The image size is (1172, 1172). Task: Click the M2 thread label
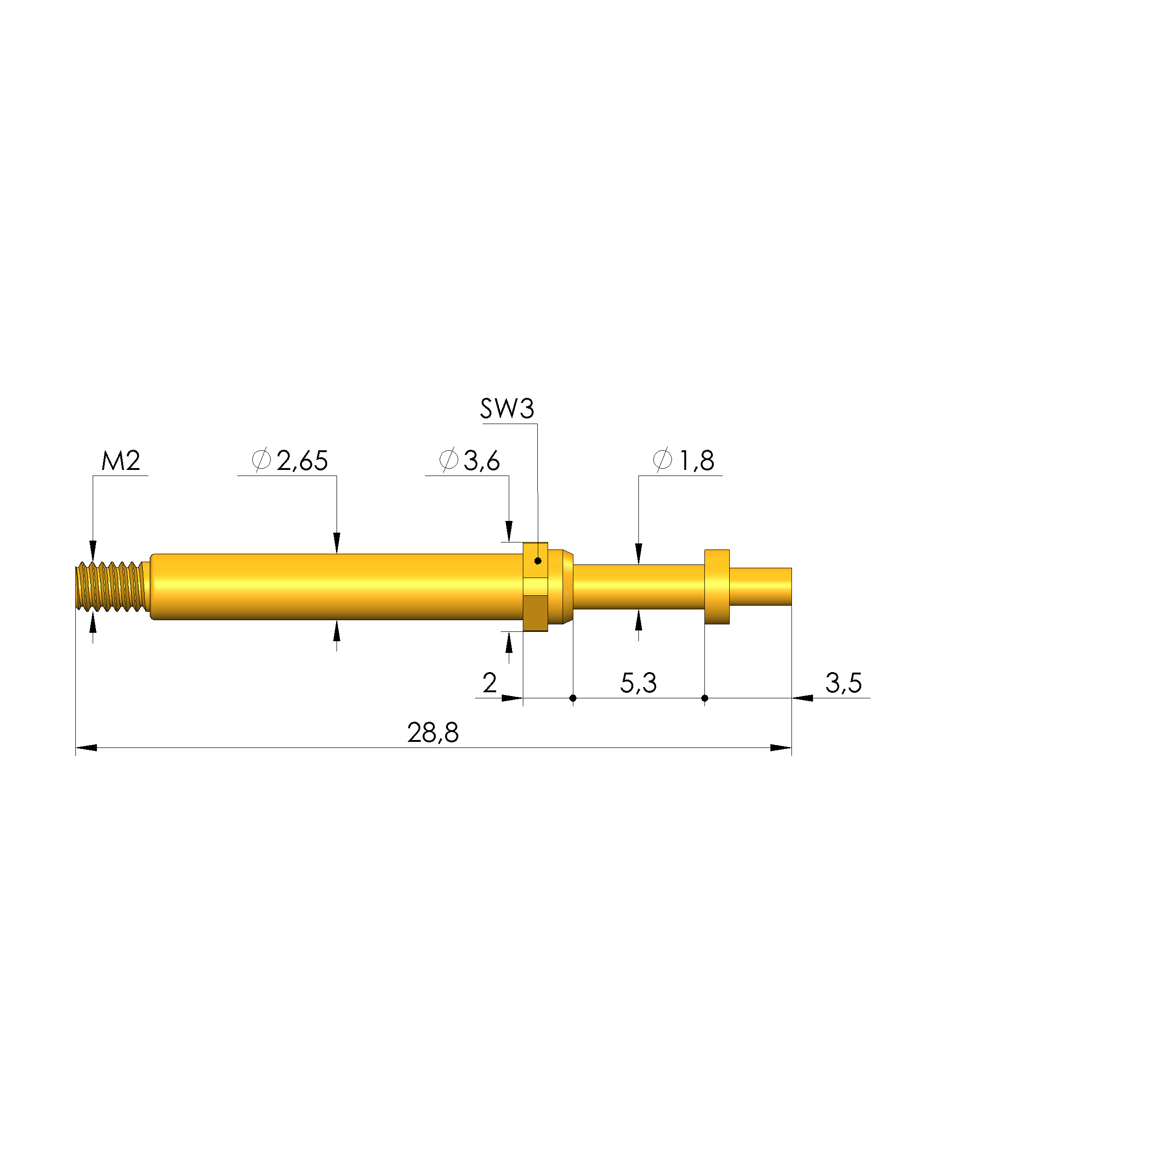click(x=121, y=461)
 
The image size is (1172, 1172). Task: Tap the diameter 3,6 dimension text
click(x=469, y=461)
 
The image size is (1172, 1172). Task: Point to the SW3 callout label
click(x=507, y=409)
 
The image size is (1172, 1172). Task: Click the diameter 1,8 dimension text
click(x=684, y=461)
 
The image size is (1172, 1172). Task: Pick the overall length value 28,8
click(x=433, y=733)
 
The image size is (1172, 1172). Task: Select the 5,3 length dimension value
click(x=638, y=683)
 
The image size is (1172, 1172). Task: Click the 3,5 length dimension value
click(x=843, y=683)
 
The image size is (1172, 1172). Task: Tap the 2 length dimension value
click(x=490, y=683)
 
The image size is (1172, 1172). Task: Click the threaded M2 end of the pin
click(x=111, y=586)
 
